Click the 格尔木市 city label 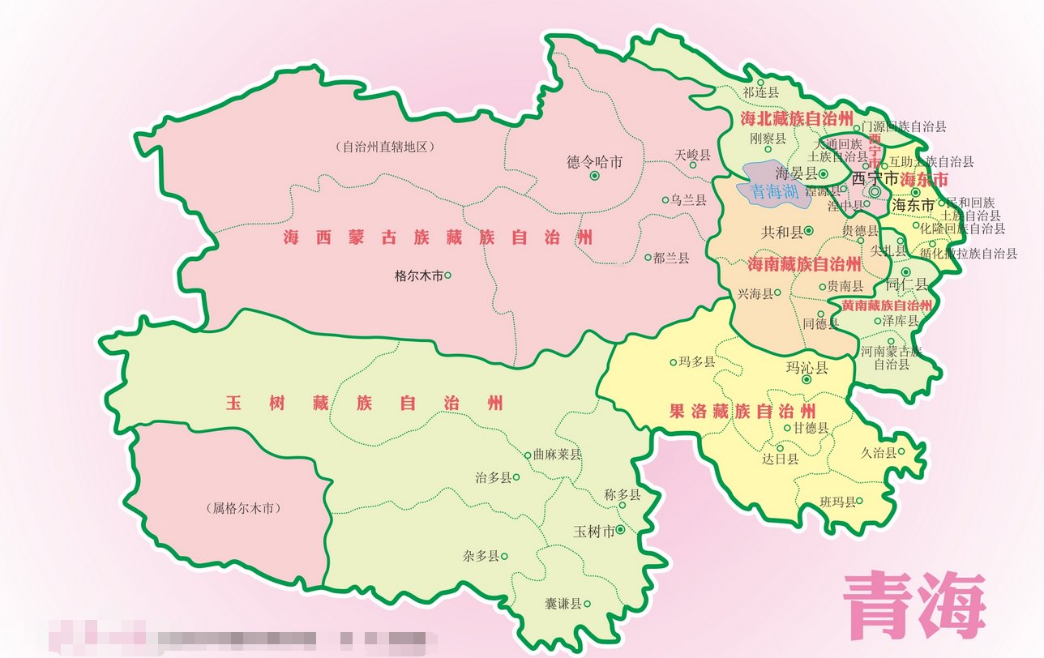tap(417, 276)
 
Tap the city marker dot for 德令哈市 tap(595, 175)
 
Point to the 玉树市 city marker tap(620, 530)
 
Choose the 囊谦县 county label tap(563, 604)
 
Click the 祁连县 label tap(761, 92)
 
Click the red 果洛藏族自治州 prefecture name tap(741, 410)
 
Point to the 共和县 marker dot tap(808, 232)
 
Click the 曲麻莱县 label tap(558, 455)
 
